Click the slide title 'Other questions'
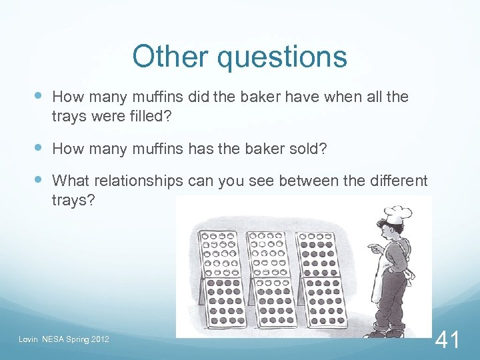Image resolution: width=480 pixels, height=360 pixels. tap(239, 57)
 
